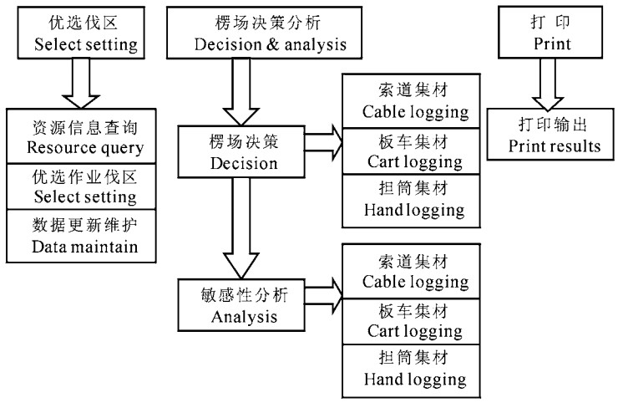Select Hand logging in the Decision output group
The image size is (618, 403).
(x=410, y=201)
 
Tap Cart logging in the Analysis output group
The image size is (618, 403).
(x=410, y=321)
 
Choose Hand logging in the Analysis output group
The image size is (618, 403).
(x=410, y=370)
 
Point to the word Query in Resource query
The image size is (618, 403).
(x=117, y=149)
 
